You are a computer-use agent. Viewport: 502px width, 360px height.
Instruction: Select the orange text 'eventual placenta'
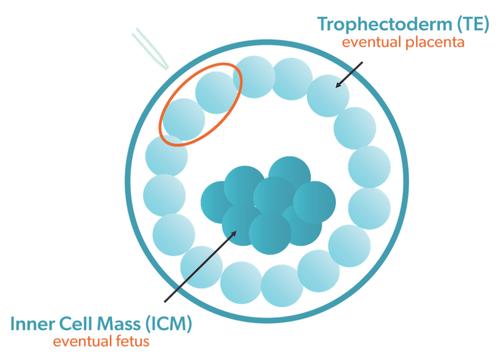[x=403, y=43]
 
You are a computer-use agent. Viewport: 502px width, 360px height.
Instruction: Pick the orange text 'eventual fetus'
[x=101, y=341]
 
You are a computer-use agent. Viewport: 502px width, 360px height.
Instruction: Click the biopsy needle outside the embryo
[x=150, y=48]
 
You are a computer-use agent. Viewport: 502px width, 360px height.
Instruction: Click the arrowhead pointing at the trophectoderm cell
[x=338, y=85]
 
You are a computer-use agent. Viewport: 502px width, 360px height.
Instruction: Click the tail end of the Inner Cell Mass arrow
[x=165, y=302]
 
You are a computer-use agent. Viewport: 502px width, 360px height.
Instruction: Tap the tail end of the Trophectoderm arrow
[x=363, y=62]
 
